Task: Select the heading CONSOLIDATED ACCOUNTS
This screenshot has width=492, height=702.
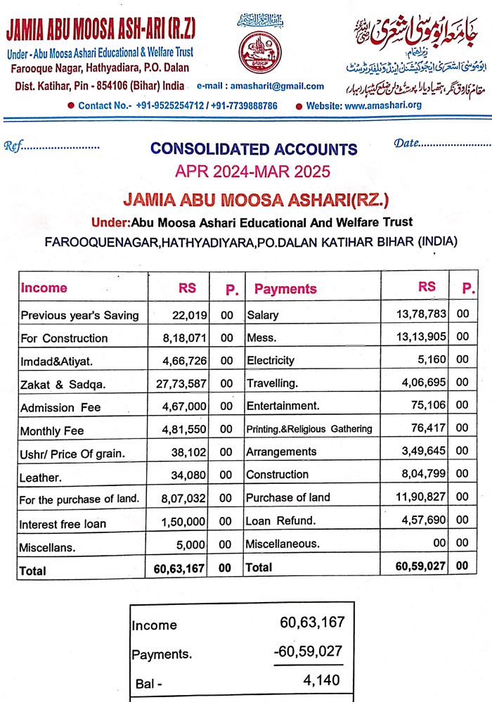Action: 254,149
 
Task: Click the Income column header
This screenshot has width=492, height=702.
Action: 44,288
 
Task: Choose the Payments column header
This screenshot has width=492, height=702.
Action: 285,288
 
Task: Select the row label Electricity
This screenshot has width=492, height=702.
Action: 271,360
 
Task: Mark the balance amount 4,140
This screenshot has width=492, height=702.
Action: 323,680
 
